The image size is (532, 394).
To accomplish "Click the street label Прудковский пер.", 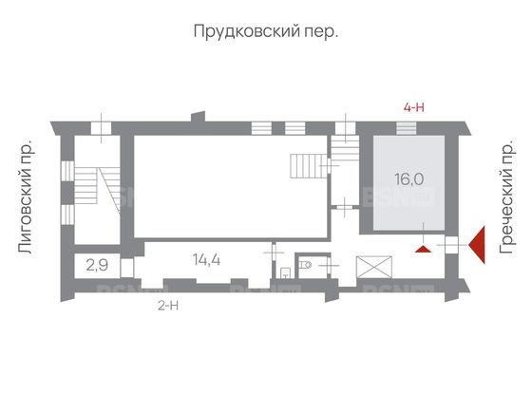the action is coord(266,31).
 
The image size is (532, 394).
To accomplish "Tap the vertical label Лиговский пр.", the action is coord(26,196).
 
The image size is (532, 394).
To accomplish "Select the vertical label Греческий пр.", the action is coord(507,197).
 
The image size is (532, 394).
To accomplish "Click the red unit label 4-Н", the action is coord(413,108).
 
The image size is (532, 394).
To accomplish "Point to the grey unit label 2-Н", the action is coord(168,306).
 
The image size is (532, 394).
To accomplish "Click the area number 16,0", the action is coord(409,179).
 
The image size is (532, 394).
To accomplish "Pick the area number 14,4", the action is coord(207,260).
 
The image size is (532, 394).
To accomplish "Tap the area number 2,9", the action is coord(97,265).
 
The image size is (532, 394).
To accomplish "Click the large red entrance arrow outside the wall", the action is coord(477,245).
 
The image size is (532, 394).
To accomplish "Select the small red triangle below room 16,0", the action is coord(423,250).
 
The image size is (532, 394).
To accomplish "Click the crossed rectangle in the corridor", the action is coord(374,267).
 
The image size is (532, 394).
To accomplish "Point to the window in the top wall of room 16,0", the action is coord(407,128).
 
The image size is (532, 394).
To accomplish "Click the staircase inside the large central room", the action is coord(309,166).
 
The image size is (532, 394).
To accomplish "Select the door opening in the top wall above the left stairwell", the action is coord(101,128).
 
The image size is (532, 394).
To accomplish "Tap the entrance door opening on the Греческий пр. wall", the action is coord(451,245).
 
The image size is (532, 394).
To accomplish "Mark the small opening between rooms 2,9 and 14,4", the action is coord(127,268).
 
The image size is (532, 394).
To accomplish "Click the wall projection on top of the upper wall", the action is coord(199,116).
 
